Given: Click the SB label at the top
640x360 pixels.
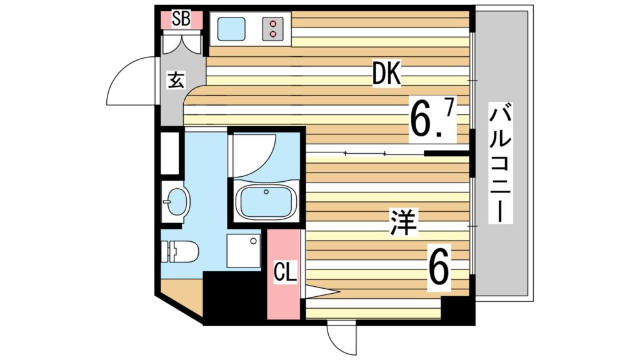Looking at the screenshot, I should click(x=181, y=19).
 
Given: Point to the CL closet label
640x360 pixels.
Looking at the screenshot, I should click(x=286, y=273).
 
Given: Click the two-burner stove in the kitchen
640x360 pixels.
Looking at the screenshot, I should click(x=274, y=29).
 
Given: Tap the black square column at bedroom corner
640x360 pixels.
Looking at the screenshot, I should click(x=457, y=310).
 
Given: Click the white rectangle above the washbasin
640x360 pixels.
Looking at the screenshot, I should click(x=171, y=152).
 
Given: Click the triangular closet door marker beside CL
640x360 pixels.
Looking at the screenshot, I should click(x=320, y=291).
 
